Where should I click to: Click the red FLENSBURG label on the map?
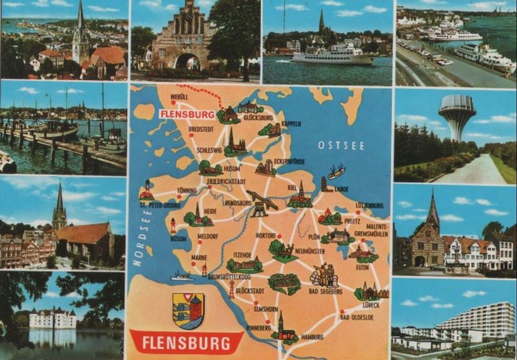coord(187,115)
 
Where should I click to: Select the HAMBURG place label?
coord(311,337)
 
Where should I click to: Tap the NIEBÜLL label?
coord(179,97)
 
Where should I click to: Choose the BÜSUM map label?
coord(179,238)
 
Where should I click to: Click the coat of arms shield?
coord(188,310)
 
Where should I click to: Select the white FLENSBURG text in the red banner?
coord(185,342)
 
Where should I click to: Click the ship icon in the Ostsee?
coord(336,172)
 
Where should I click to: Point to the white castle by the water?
coord(52,318)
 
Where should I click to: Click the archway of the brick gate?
coord(187,62)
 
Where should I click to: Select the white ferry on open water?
coord(332,55)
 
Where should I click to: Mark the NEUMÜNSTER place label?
coord(310,250)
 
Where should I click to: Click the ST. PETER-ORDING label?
coord(160,206)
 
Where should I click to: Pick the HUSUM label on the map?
coord(231,169)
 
